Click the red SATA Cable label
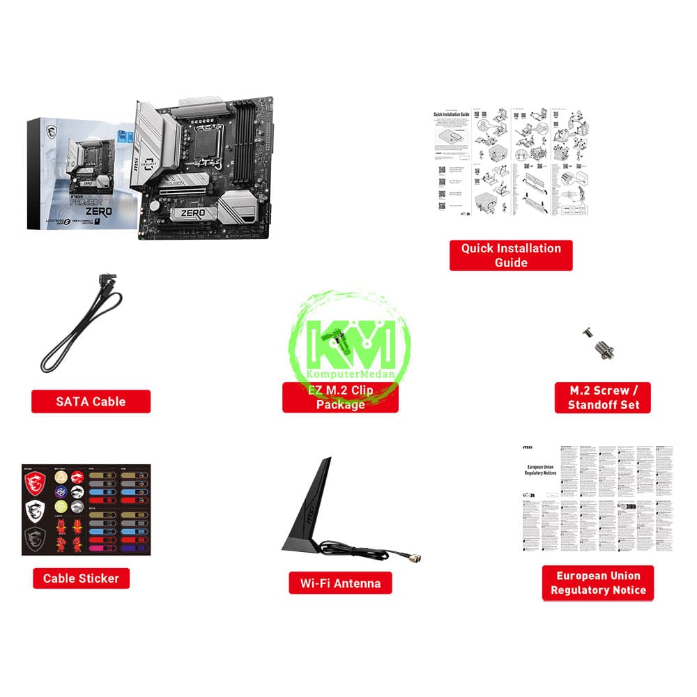pyautogui.click(x=91, y=401)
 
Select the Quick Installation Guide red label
pyautogui.click(x=511, y=255)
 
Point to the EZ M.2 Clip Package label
pyautogui.click(x=340, y=397)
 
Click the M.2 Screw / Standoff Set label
pyautogui.click(x=603, y=397)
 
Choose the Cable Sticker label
pyautogui.click(x=81, y=578)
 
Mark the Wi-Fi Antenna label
pyautogui.click(x=340, y=583)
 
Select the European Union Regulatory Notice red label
pyautogui.click(x=598, y=583)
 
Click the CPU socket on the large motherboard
pyautogui.click(x=209, y=143)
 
